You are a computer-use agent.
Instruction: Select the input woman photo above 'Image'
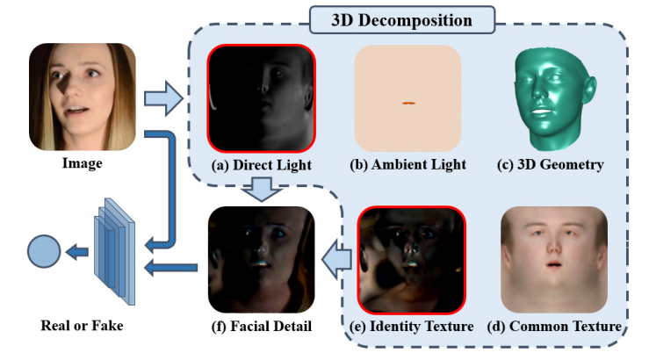(83, 97)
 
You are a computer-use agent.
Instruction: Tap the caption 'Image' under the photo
(83, 163)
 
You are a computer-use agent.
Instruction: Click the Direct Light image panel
(261, 97)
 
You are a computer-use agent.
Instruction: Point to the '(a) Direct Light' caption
(261, 164)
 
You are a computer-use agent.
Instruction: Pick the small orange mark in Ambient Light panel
(407, 104)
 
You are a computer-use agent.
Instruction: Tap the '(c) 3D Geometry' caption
(552, 164)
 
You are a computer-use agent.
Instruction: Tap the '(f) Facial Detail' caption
(261, 327)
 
